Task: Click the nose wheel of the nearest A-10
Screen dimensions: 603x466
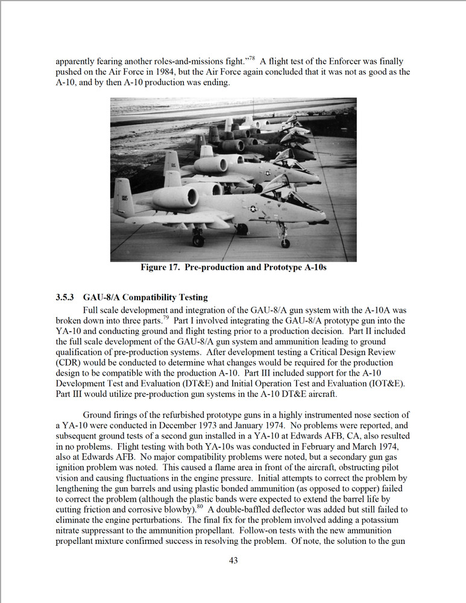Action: click(x=285, y=243)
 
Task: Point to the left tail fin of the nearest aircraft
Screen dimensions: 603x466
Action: click(x=123, y=198)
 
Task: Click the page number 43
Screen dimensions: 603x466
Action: click(x=233, y=560)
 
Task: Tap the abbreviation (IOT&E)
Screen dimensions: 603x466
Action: click(x=385, y=384)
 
